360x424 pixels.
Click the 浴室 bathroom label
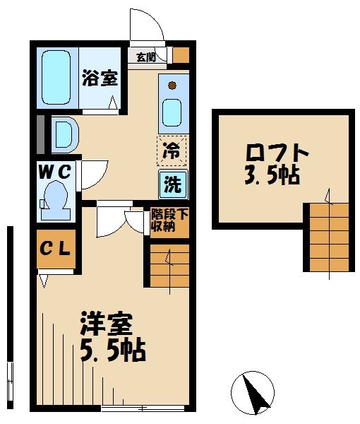click(x=99, y=77)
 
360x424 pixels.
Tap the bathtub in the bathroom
click(x=54, y=77)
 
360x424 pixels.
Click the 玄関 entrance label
click(x=145, y=57)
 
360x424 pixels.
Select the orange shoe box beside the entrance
click(x=181, y=55)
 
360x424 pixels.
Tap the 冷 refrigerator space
click(x=172, y=149)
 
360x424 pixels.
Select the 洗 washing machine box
click(x=172, y=184)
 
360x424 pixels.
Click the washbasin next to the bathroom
click(x=62, y=133)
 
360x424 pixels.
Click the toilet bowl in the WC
click(x=54, y=199)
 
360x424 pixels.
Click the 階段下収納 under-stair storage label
click(x=169, y=220)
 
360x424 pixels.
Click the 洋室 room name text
click(x=107, y=325)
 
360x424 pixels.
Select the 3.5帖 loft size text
click(x=272, y=175)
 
